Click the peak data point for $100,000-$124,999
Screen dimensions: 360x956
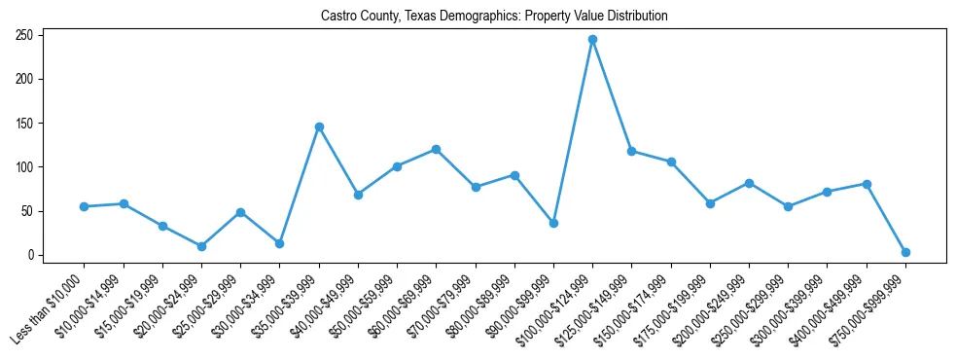592,40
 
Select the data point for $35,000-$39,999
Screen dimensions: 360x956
319,126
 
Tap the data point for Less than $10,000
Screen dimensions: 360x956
85,206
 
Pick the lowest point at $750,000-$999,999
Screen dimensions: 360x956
905,252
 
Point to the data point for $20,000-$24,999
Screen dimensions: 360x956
201,246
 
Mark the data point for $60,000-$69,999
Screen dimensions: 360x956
436,149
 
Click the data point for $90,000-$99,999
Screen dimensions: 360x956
553,223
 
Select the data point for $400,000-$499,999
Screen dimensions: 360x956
867,184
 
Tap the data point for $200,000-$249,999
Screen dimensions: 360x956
749,183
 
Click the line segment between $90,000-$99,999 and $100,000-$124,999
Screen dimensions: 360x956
573,131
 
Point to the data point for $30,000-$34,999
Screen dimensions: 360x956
279,243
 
